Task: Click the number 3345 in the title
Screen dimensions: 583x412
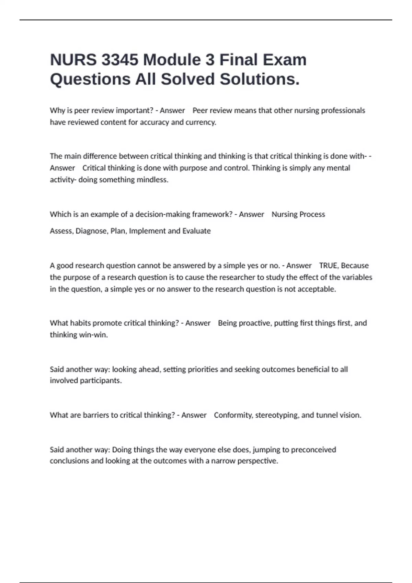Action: pyautogui.click(x=120, y=60)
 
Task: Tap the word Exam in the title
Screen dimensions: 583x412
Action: pyautogui.click(x=284, y=60)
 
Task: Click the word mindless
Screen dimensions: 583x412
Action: pyautogui.click(x=152, y=180)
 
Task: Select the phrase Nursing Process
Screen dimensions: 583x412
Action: pyautogui.click(x=298, y=214)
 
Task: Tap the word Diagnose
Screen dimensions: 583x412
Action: pyautogui.click(x=92, y=231)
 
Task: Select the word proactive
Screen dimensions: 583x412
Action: pyautogui.click(x=254, y=323)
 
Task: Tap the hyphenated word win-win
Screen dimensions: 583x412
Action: pyautogui.click(x=93, y=335)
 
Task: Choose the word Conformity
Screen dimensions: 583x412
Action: pyautogui.click(x=233, y=415)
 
